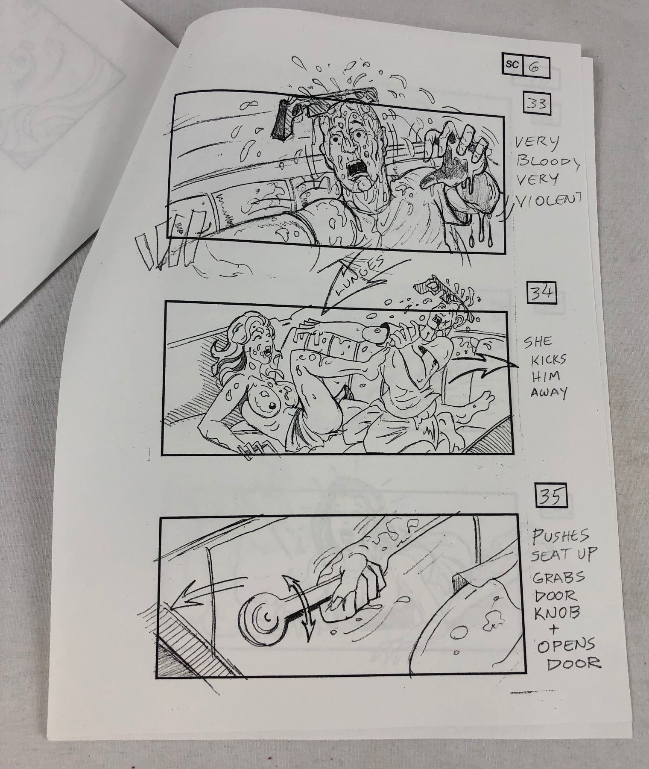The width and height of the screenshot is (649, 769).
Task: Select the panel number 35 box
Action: pos(551,496)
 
